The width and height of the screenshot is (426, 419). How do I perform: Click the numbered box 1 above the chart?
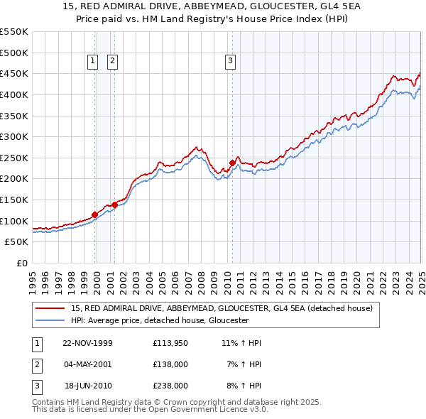point(93,62)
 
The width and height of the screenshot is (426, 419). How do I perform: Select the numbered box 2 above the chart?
point(112,62)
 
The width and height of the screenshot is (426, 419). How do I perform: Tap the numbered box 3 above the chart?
point(231,62)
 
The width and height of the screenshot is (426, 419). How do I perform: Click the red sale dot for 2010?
point(232,163)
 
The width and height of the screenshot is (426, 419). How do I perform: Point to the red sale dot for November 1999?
point(95,214)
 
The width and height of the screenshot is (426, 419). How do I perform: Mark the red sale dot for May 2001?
point(114,205)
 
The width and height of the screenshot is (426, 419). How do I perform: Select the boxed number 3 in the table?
point(36,386)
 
